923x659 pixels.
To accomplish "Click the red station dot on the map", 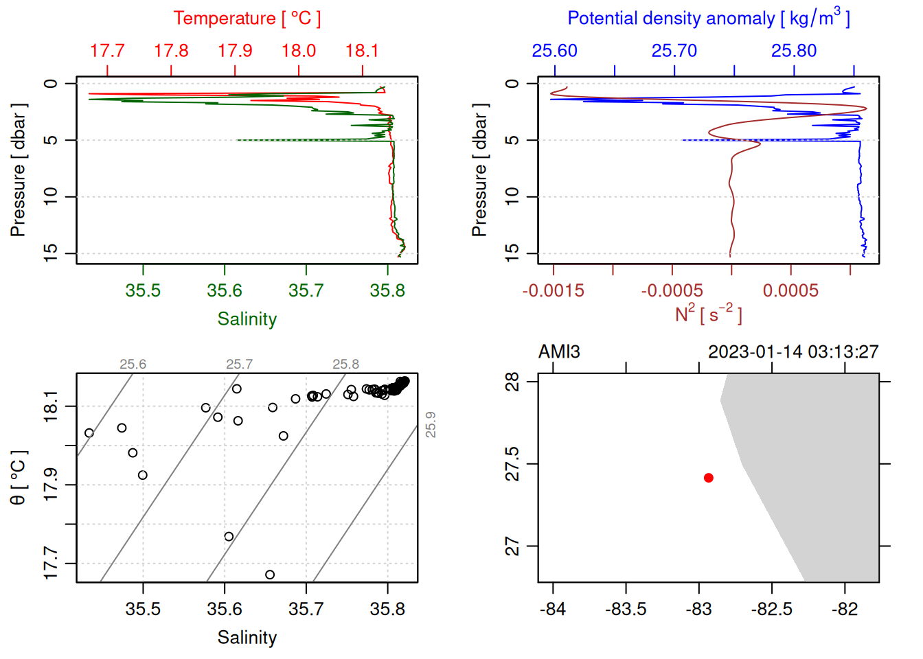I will coord(708,478).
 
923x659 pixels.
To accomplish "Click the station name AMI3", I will coord(559,352).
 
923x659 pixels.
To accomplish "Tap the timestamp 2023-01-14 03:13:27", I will coord(793,352).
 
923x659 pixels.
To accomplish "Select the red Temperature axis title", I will coord(247,19).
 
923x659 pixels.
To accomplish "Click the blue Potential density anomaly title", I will coord(708,19).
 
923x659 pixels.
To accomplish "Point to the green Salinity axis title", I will coord(247,319).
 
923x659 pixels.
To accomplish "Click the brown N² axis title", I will coord(708,314).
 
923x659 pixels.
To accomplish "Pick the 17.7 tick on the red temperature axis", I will coord(107,51).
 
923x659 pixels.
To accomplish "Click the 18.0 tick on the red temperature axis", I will coord(299,51).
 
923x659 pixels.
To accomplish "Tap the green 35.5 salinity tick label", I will coord(143,291).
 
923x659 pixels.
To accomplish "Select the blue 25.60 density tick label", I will coord(554,51).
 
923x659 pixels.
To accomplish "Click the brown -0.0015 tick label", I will coord(553,291).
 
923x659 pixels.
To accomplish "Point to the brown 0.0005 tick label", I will coord(790,291).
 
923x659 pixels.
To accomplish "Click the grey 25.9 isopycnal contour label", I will coord(431,424).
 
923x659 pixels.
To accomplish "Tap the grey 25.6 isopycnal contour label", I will coord(133,365).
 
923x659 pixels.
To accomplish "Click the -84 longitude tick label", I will coord(553,610).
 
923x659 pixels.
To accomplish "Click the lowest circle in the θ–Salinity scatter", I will coord(270,575).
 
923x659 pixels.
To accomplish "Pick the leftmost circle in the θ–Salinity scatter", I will coord(89,433).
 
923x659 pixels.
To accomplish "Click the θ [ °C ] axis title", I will coord(18,478).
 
